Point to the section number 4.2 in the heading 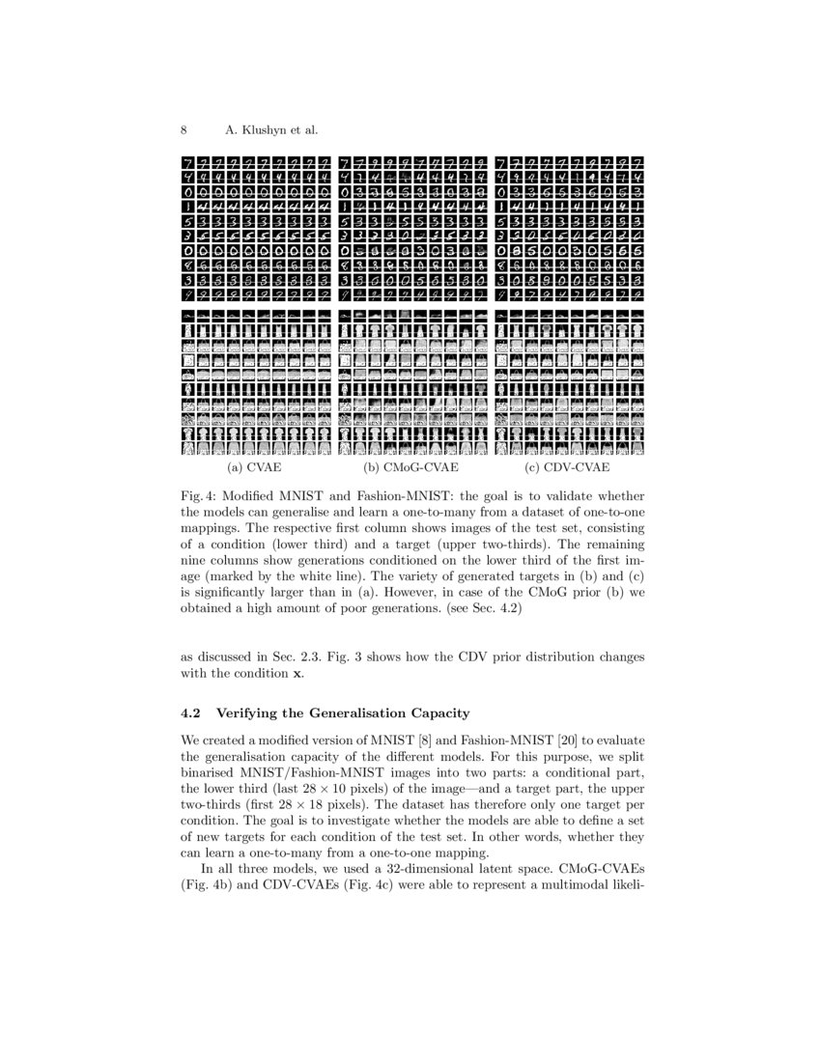191,713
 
